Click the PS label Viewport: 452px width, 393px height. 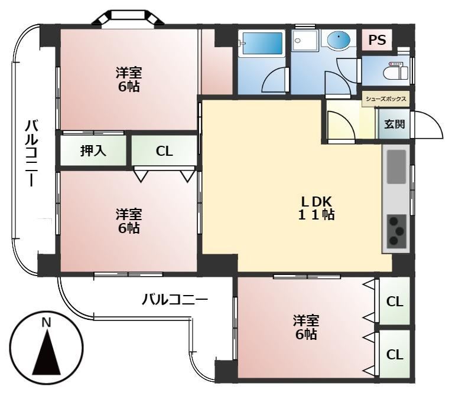377,40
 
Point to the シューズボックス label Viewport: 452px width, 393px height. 386,99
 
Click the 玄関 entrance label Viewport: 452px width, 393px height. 394,125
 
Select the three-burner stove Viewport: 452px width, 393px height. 396,231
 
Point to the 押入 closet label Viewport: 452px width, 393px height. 93,151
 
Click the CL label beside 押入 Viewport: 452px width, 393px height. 164,151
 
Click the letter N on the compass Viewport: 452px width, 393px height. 46,322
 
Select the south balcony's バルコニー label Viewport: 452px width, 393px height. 175,300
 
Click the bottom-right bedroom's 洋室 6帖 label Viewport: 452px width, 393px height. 306,327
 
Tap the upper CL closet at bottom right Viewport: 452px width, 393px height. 395,302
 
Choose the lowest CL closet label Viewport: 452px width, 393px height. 395,355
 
